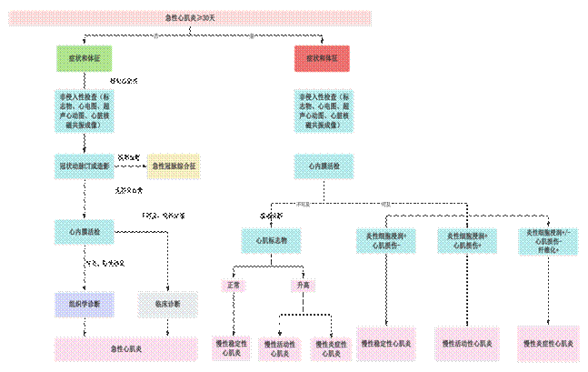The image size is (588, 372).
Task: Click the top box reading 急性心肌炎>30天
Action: coord(191,17)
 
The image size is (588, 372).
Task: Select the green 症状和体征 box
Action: coord(84,58)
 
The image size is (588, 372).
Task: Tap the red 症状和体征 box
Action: coord(322,58)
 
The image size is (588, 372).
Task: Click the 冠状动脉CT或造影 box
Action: coord(84,166)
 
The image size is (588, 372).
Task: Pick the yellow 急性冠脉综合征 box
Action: coord(173,166)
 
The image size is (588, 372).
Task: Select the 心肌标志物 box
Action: coord(269,240)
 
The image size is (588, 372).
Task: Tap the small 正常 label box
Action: coord(233,286)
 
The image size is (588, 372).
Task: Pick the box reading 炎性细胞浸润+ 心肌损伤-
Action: coord(385,240)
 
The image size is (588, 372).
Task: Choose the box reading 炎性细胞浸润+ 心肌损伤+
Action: coord(467,240)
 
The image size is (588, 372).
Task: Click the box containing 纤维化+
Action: coord(547,240)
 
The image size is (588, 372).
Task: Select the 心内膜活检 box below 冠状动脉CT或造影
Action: coord(84,233)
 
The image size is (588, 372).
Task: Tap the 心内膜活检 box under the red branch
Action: coord(322,166)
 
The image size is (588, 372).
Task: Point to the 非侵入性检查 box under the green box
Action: coord(84,111)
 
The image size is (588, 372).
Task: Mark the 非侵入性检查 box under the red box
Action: coord(322,111)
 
